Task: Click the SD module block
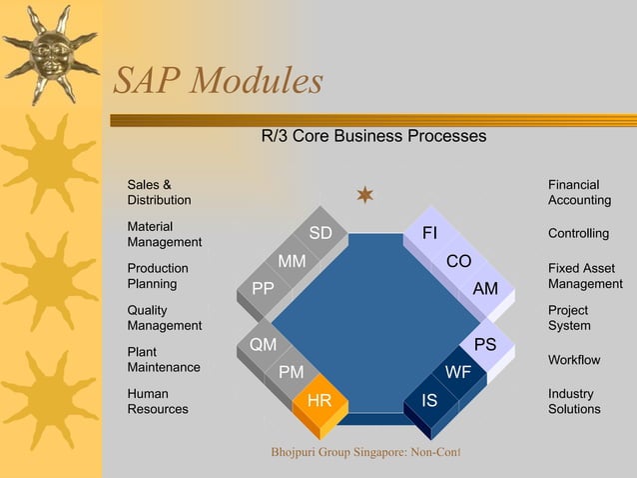pos(320,233)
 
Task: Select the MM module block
pos(292,261)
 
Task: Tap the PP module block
pos(264,289)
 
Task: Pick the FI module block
pos(430,233)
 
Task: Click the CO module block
pos(458,261)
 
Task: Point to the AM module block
pos(486,289)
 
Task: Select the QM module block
pos(264,344)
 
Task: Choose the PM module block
pos(292,372)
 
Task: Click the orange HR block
pos(320,401)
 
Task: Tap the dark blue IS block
pos(430,401)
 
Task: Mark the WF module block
pos(458,372)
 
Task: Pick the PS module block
pos(486,344)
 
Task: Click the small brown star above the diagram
pos(365,194)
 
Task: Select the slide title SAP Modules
pos(218,81)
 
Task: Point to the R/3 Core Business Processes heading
pos(373,135)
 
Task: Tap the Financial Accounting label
pos(579,192)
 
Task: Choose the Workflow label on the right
pos(574,359)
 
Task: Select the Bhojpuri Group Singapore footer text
pos(365,453)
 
